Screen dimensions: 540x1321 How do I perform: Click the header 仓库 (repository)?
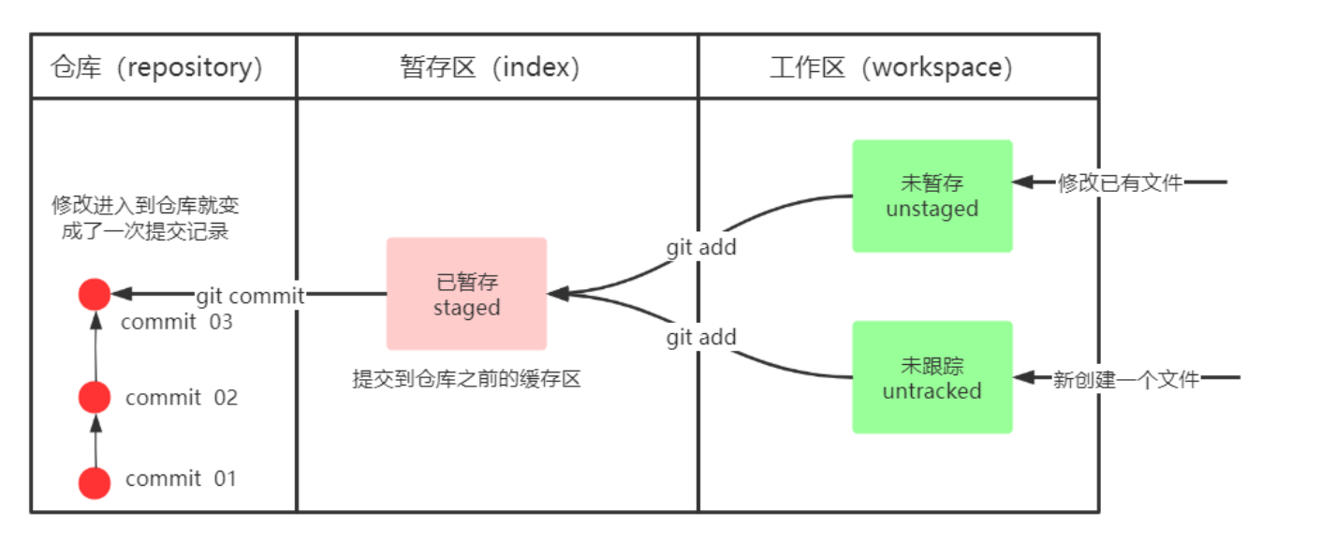click(x=157, y=67)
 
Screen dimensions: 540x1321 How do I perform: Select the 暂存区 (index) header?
click(x=491, y=67)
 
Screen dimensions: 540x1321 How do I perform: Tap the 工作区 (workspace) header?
click(x=891, y=67)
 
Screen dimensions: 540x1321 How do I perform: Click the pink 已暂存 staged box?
click(x=466, y=294)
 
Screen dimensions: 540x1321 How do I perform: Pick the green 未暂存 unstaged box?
click(x=932, y=196)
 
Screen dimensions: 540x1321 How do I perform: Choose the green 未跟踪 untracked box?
click(x=932, y=377)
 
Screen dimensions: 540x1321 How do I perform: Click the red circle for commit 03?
click(x=95, y=295)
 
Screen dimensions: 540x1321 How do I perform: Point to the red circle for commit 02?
click(x=95, y=397)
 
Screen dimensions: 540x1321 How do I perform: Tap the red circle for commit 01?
click(x=95, y=483)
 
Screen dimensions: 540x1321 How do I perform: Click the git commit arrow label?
click(x=250, y=296)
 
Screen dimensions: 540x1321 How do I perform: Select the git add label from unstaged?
click(x=701, y=247)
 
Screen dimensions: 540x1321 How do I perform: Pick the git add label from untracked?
click(x=701, y=337)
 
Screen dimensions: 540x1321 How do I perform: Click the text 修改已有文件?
click(x=1120, y=182)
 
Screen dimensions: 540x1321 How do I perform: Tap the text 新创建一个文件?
click(x=1125, y=379)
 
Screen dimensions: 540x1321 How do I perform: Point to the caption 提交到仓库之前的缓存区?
click(x=466, y=379)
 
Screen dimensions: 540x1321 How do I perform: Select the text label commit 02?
click(x=182, y=398)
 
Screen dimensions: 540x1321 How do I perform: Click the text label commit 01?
click(x=182, y=479)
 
